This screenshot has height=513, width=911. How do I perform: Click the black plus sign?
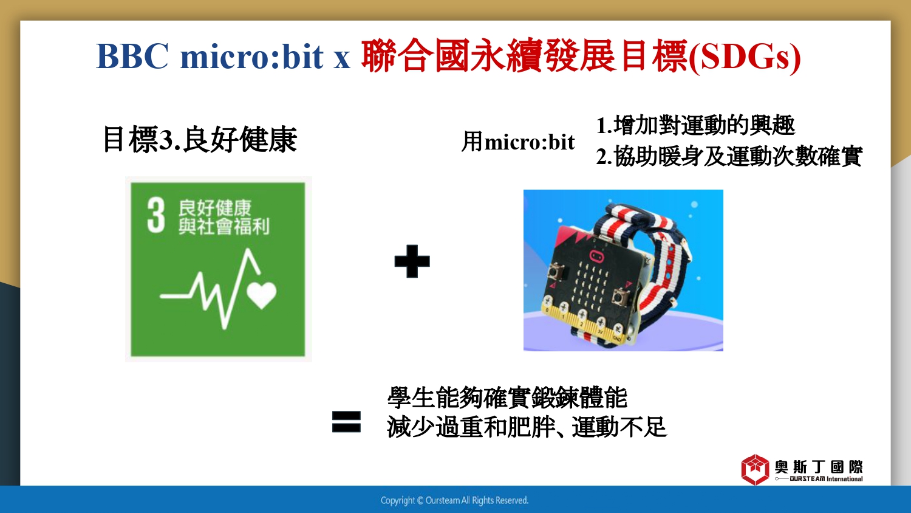tap(412, 261)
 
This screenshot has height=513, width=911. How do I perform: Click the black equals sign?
tap(346, 421)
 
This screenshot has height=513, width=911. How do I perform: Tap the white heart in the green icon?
tap(262, 295)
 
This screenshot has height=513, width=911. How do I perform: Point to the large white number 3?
tap(156, 215)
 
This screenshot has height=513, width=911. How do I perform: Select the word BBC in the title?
tap(132, 56)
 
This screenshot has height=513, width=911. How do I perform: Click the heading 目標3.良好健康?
tap(200, 140)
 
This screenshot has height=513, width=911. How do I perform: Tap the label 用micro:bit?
tap(517, 142)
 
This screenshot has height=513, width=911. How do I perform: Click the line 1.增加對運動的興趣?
tap(695, 125)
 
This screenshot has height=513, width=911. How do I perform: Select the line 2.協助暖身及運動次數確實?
tap(729, 156)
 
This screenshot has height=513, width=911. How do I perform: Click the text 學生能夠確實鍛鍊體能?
tap(507, 398)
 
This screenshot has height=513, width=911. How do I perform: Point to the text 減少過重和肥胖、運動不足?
tap(527, 427)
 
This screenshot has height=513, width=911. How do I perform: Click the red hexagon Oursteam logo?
tap(755, 469)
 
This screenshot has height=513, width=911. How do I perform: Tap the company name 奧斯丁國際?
tap(819, 467)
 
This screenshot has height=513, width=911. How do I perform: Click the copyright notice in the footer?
tap(454, 500)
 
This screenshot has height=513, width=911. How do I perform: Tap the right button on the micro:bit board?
tap(620, 297)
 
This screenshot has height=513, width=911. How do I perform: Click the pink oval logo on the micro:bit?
tap(597, 257)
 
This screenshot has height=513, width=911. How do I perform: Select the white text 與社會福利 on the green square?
tap(223, 227)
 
